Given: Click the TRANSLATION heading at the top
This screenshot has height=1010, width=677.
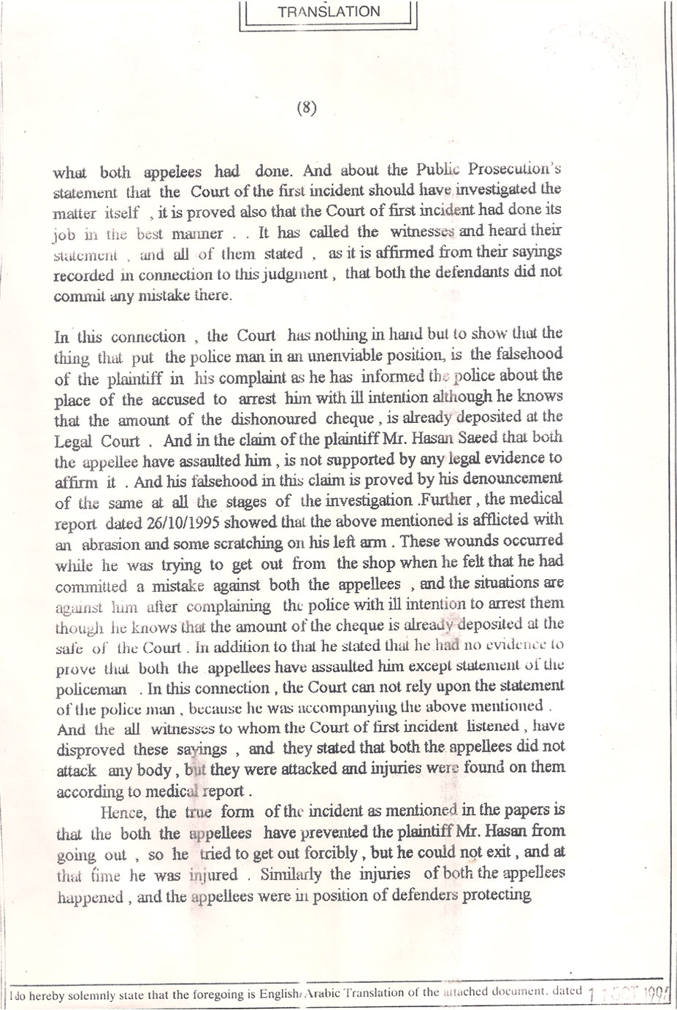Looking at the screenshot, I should click(329, 12).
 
